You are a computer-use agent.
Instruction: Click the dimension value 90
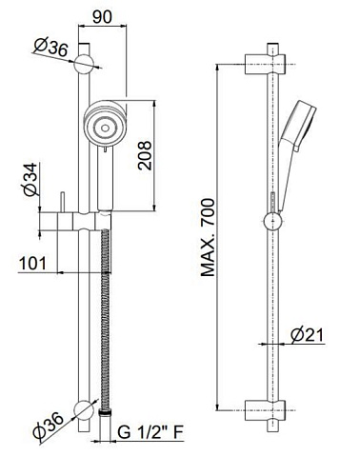click(102, 16)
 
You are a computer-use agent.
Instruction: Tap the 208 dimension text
click(145, 155)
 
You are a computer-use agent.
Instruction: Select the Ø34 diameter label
click(30, 179)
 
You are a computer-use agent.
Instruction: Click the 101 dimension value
click(32, 263)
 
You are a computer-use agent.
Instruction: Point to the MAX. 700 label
click(208, 237)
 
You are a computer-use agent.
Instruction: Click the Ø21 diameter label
click(307, 335)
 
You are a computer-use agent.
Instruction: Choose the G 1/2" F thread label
click(150, 431)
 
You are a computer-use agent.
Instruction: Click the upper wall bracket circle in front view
click(84, 64)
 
